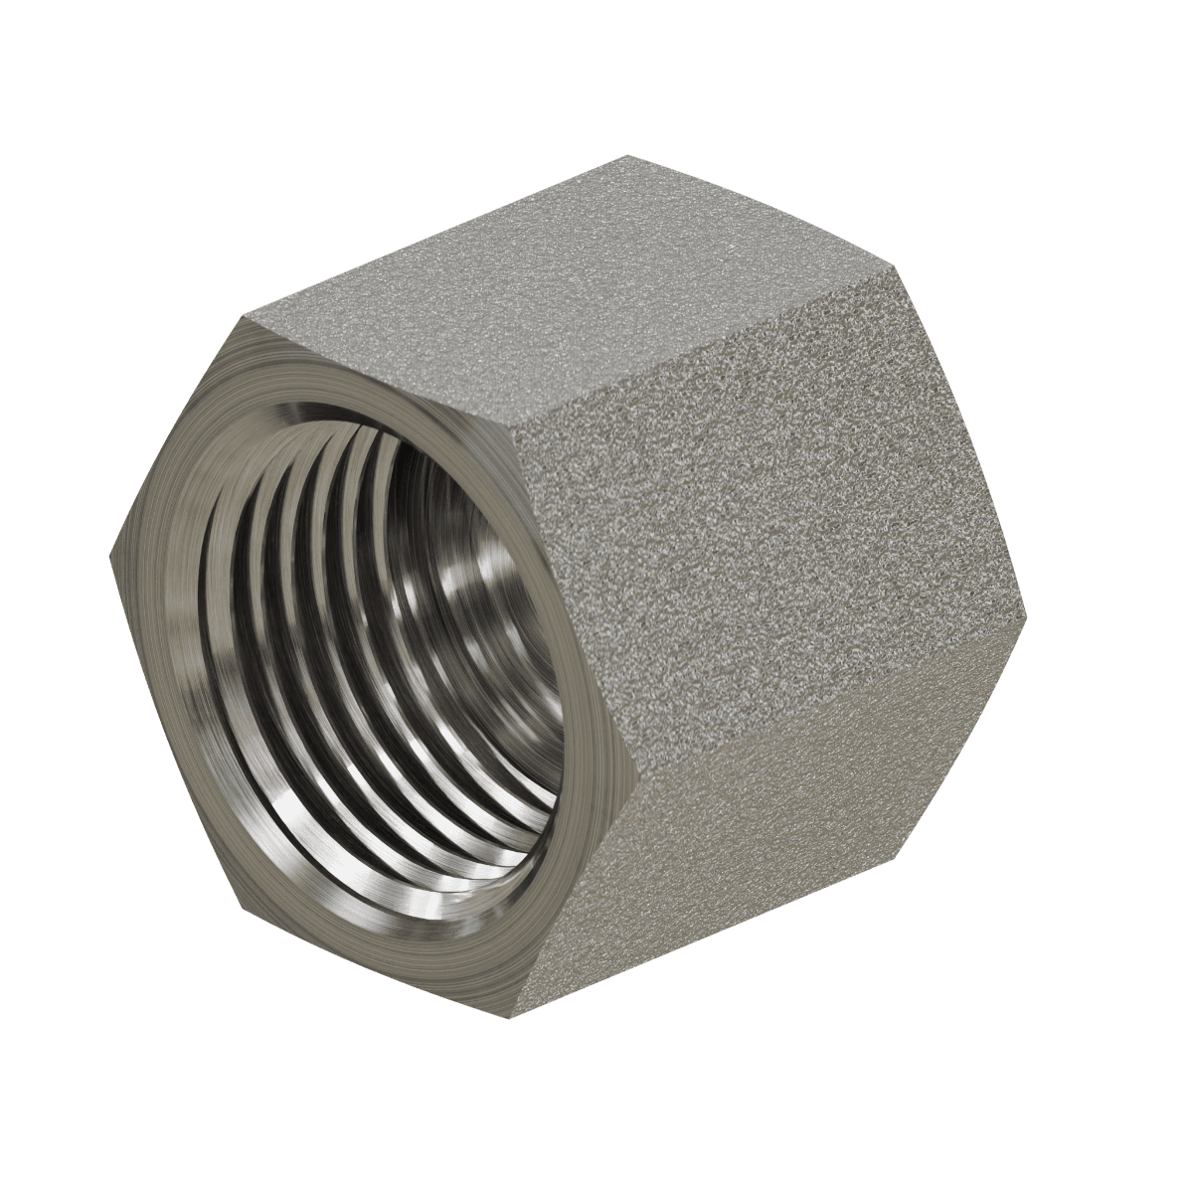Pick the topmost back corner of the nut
tap(626, 156)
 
